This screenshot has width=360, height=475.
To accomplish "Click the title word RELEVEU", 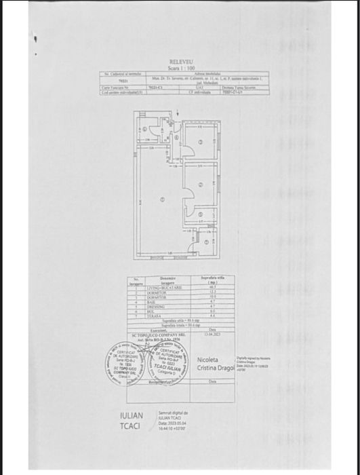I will (181, 62).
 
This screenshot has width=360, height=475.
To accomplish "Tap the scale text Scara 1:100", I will (181, 68).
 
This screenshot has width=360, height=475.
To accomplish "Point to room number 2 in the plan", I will (201, 141).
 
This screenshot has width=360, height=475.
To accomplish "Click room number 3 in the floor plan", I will (201, 184).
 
